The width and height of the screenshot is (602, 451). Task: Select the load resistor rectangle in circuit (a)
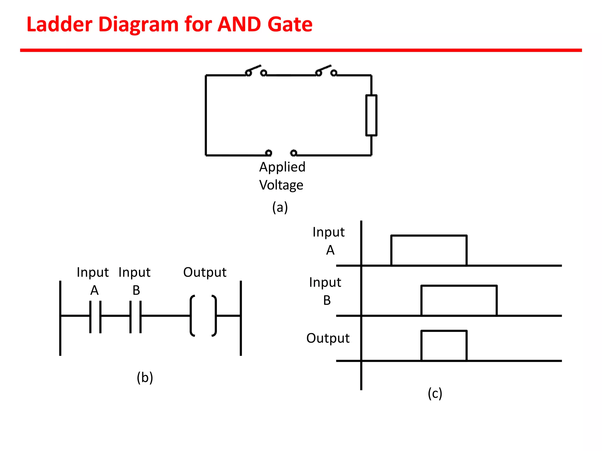click(371, 115)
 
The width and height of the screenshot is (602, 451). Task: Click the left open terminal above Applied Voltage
click(268, 153)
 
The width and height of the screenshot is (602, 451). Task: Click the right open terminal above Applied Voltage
click(293, 153)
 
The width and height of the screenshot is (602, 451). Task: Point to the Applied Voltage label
click(282, 176)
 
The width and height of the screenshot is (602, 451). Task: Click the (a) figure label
click(280, 207)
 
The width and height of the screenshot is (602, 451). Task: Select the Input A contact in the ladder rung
click(95, 317)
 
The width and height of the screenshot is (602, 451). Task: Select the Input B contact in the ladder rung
click(136, 317)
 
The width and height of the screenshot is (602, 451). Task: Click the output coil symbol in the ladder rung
click(203, 316)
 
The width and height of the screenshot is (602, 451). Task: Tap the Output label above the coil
click(205, 272)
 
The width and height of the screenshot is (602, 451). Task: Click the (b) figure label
click(145, 377)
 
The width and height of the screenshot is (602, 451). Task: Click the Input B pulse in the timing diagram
click(459, 300)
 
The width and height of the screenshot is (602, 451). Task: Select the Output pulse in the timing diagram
click(444, 345)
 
